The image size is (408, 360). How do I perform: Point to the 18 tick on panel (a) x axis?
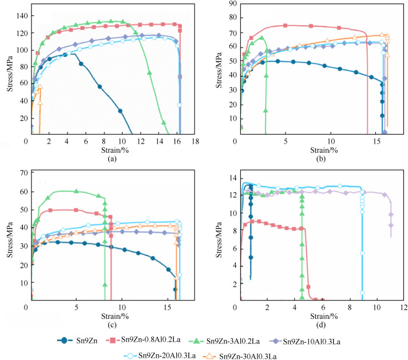click(195, 141)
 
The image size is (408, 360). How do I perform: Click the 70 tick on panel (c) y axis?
click(22, 173)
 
